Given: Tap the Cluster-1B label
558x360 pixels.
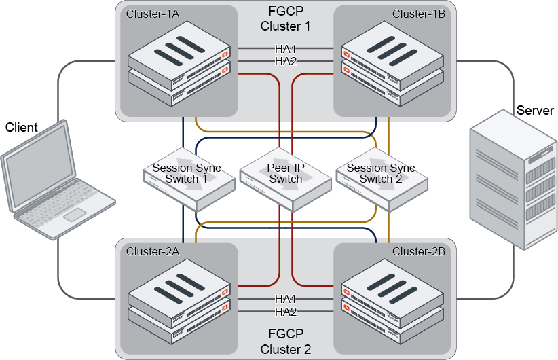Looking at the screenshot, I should click(418, 14).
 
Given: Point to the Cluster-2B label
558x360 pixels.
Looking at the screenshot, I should click(418, 251).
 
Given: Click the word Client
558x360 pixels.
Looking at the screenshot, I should click(22, 128).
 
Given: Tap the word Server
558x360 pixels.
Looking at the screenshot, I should click(535, 111).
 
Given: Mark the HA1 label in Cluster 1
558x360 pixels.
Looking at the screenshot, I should click(285, 49).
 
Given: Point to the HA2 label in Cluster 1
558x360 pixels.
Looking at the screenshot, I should click(285, 61).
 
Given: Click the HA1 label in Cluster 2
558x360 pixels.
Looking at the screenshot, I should click(285, 299).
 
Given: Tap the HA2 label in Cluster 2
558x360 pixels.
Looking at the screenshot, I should click(285, 312).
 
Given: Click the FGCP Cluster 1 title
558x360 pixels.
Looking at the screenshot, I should click(285, 20).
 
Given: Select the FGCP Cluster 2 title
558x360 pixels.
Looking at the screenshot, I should click(285, 342).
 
